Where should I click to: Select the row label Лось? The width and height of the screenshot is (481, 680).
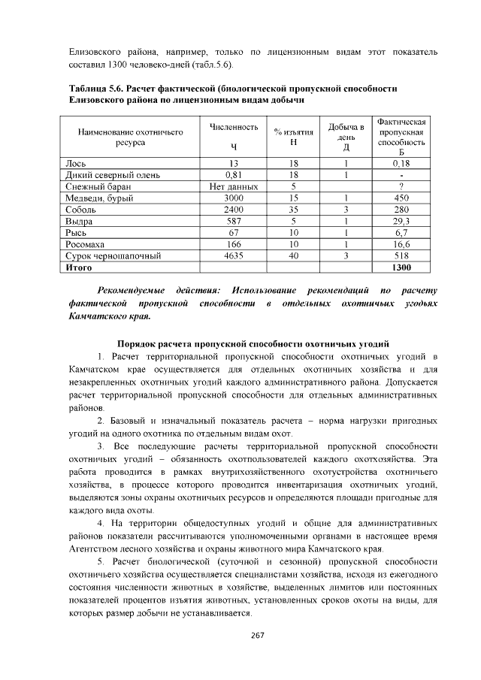(x=74, y=163)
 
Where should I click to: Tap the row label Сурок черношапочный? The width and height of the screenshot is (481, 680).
(x=113, y=256)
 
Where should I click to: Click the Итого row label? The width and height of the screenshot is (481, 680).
(x=79, y=267)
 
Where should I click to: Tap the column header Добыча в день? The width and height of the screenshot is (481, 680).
(x=346, y=132)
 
